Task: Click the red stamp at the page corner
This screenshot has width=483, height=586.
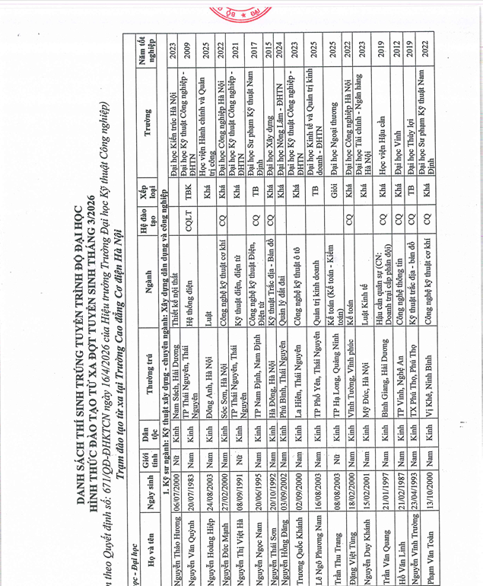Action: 455,14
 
